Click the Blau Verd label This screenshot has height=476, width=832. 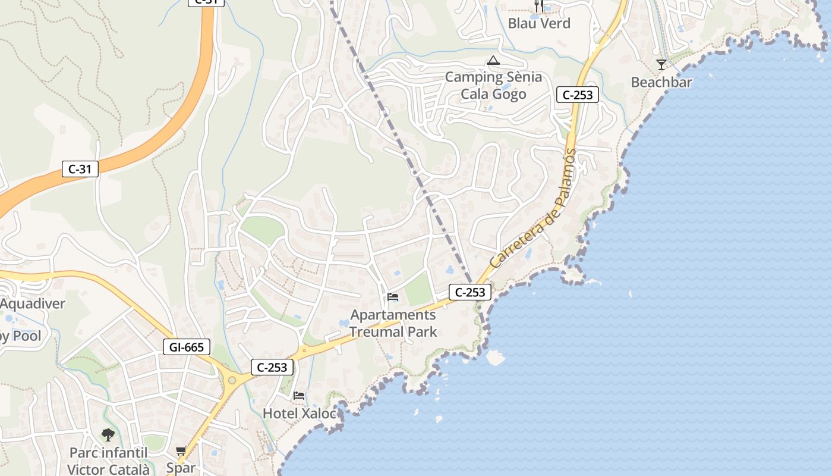[x=539, y=24]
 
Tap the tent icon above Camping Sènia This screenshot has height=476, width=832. [x=493, y=60]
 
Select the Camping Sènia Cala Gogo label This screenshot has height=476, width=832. [x=493, y=86]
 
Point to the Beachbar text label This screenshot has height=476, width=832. [x=661, y=82]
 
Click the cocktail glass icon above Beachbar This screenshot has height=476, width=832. [x=661, y=64]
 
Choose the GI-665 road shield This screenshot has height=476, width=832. [x=187, y=347]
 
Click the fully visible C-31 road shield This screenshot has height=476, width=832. [x=80, y=169]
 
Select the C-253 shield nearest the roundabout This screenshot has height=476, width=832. [x=273, y=367]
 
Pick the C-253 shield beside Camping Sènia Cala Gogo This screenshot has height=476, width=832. [x=577, y=95]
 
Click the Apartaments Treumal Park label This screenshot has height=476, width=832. [x=393, y=323]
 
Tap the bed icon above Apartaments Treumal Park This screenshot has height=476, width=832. [x=392, y=296]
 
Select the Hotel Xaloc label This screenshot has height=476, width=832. [x=300, y=413]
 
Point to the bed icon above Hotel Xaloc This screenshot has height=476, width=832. [x=299, y=395]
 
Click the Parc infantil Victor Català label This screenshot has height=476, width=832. [x=108, y=461]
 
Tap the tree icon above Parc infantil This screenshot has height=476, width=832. [x=108, y=435]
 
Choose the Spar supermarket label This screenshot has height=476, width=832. [x=181, y=468]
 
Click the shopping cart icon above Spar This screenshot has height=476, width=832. [x=181, y=451]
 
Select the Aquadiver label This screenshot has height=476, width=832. [x=32, y=304]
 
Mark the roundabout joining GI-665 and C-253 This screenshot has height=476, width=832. [x=232, y=380]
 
